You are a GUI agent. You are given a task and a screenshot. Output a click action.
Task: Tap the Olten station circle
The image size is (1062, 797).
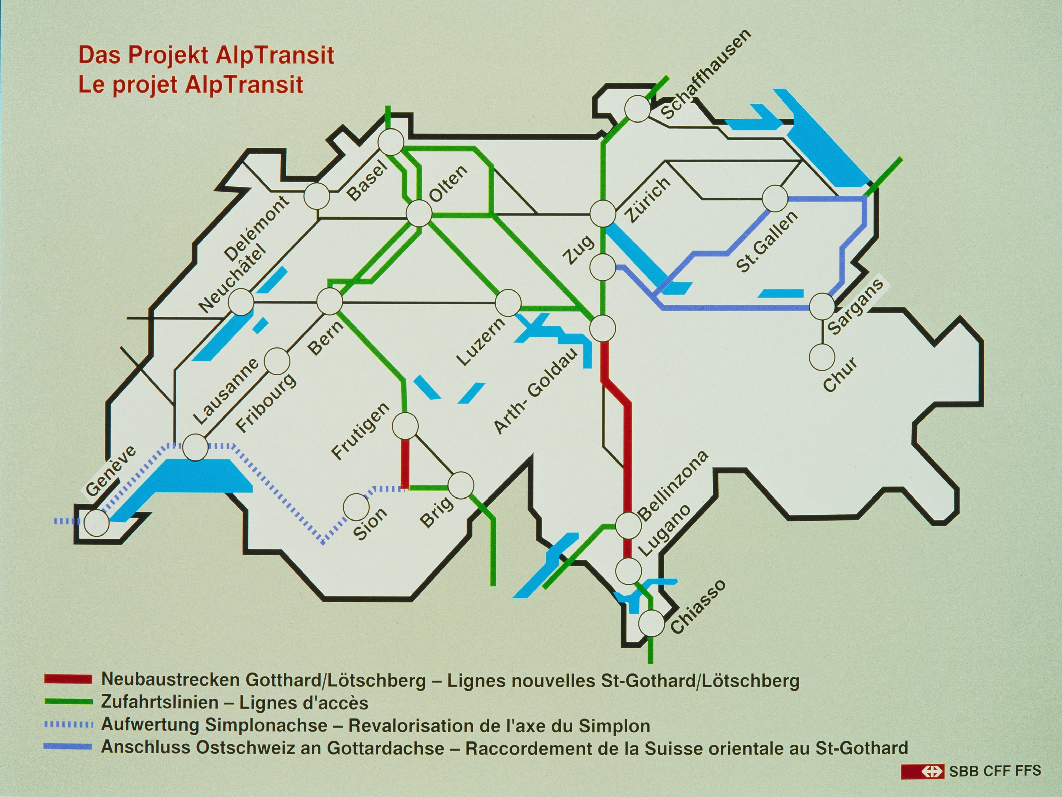click(x=419, y=213)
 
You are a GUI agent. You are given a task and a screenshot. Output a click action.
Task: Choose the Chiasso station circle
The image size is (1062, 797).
click(x=651, y=623)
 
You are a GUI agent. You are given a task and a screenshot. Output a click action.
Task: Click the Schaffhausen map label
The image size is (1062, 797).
click(x=706, y=75)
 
